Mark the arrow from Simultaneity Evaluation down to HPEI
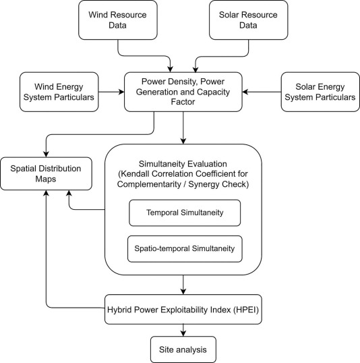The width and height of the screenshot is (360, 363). (x=183, y=284)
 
